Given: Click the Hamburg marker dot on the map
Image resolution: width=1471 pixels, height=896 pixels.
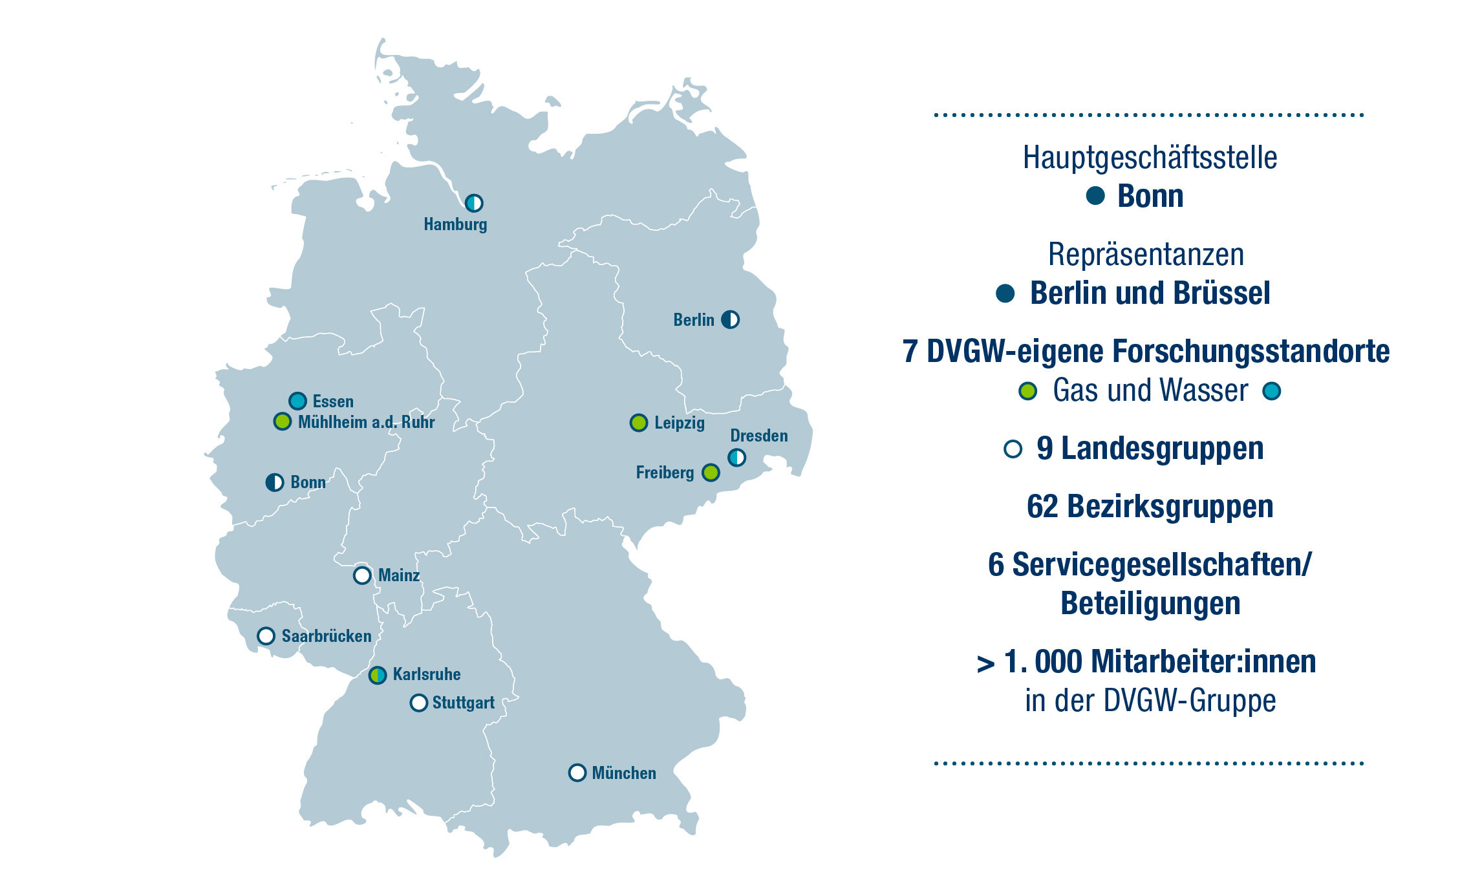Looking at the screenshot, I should (474, 203).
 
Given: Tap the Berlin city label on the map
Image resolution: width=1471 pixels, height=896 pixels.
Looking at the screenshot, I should (693, 320).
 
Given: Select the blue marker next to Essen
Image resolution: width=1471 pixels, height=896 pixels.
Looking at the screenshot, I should (297, 401).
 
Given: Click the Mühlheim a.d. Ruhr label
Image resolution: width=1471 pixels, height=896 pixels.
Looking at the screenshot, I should (366, 422).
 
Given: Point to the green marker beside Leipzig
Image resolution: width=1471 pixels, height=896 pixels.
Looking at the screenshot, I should (639, 423).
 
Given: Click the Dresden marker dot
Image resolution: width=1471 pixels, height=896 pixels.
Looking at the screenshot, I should (736, 458).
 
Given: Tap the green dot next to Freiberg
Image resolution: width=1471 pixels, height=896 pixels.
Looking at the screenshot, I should (711, 473).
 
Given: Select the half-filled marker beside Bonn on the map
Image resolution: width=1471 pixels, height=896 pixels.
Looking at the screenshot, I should (275, 482).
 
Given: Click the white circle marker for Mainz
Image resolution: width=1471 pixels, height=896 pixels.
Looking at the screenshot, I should (362, 575).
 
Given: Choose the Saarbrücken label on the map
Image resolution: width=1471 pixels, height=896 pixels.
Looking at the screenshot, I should (327, 636).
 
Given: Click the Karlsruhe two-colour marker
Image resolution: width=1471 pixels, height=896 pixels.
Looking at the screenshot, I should (378, 676).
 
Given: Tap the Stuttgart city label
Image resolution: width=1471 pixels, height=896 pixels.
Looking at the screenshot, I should (463, 703).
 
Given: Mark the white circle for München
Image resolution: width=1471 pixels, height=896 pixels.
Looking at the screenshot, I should (577, 773).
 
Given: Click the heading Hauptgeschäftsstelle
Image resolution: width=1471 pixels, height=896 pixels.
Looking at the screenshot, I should (1150, 158).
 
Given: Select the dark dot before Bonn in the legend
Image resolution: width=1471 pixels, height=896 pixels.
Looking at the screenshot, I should (1095, 196).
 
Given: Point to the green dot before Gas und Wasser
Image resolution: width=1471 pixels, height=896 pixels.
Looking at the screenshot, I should (1027, 391).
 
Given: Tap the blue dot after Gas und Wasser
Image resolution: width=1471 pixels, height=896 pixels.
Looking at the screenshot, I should (1272, 391).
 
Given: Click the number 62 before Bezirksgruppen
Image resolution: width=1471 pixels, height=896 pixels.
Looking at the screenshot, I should (1042, 506).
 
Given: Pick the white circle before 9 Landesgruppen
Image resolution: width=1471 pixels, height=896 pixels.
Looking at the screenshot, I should (1013, 449).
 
